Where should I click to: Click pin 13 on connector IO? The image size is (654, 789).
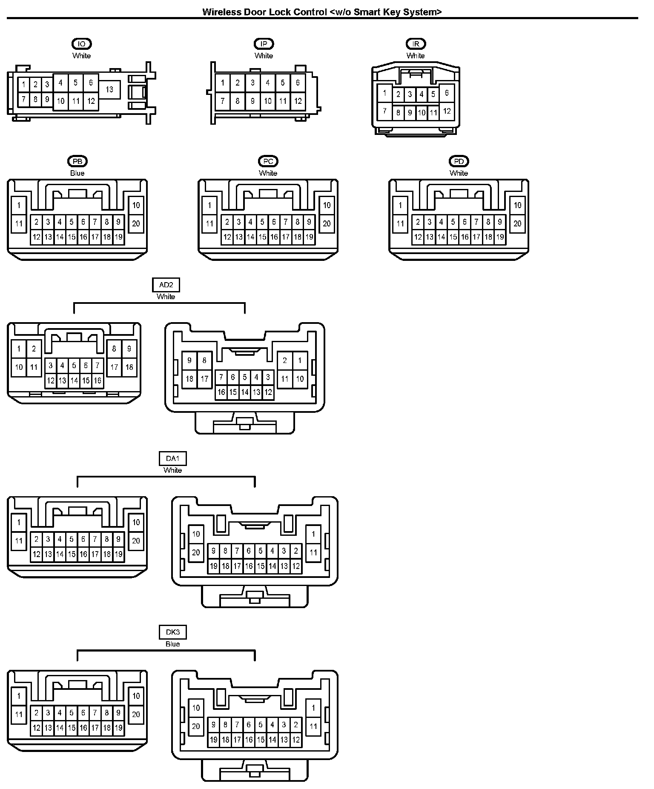(109, 89)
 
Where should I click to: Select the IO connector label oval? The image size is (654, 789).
(81, 44)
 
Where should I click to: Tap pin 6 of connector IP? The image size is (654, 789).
(298, 83)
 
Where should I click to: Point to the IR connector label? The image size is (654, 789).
(416, 44)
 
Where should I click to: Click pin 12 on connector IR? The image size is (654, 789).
(447, 111)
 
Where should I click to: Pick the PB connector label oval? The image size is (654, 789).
(77, 161)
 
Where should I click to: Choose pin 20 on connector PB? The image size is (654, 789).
(136, 223)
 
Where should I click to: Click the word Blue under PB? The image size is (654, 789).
(77, 173)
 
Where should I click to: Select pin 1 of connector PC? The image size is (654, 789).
(209, 206)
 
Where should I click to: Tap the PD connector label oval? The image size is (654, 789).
(459, 161)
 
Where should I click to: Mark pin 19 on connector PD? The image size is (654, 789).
(500, 237)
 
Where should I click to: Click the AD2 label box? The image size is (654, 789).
(166, 285)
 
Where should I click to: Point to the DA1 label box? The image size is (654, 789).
(172, 459)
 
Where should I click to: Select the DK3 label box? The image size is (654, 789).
(172, 632)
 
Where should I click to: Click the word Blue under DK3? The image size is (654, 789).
(172, 644)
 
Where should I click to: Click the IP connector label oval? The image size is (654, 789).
(264, 44)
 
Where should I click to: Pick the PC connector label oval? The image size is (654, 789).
(268, 161)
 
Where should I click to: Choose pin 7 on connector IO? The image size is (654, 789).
(24, 100)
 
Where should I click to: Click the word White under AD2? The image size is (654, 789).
(166, 297)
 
